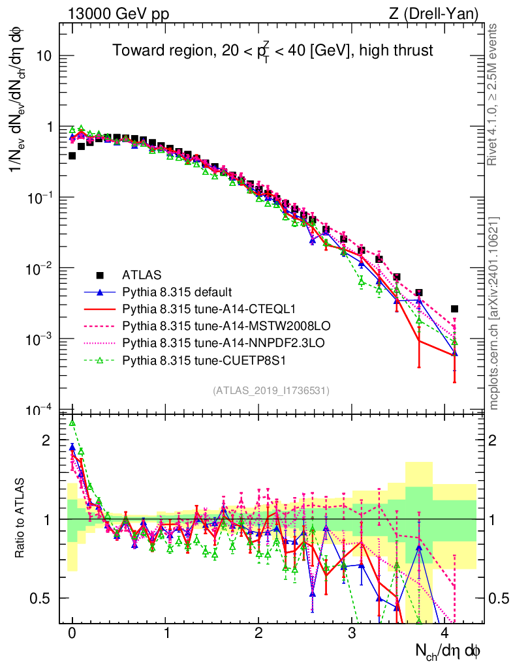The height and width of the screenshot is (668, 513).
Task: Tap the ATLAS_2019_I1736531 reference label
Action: pos(271,391)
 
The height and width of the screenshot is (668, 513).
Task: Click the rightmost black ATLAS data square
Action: pos(454,309)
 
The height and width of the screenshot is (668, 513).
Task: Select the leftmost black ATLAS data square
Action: pos(72,156)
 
